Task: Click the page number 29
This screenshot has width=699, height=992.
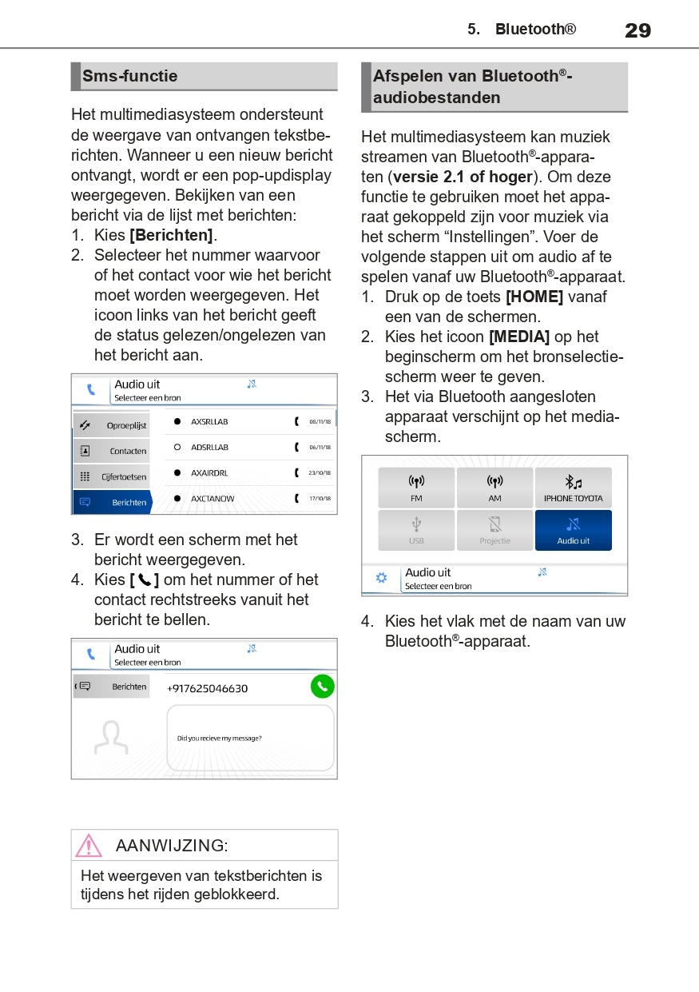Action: [x=637, y=30]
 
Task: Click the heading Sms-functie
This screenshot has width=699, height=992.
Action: [x=129, y=76]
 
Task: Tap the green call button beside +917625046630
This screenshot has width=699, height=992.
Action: [x=322, y=686]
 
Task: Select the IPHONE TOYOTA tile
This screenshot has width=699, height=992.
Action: [x=573, y=488]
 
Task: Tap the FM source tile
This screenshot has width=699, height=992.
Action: [x=416, y=488]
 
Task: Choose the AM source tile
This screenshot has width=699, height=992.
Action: [x=494, y=488]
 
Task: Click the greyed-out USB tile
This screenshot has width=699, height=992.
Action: [x=416, y=531]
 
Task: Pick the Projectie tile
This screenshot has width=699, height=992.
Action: [x=494, y=531]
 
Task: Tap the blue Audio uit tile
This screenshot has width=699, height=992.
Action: [x=573, y=531]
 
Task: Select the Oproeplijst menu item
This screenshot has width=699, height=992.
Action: [x=112, y=425]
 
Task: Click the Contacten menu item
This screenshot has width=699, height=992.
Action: [x=112, y=451]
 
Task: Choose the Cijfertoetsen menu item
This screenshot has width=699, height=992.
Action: [x=112, y=476]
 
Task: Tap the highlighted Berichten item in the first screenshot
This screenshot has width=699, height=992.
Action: [x=112, y=502]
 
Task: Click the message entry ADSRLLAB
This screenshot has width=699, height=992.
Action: [x=209, y=447]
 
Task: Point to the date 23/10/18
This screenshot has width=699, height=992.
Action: [x=320, y=472]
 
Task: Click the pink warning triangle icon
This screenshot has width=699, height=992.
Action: [x=89, y=845]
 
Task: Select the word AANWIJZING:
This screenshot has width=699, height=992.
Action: [x=172, y=845]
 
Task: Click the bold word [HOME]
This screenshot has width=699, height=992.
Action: [x=534, y=297]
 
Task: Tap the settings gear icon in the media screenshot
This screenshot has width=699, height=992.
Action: [x=381, y=577]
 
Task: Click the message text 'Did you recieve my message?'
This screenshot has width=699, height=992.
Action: [x=219, y=738]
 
